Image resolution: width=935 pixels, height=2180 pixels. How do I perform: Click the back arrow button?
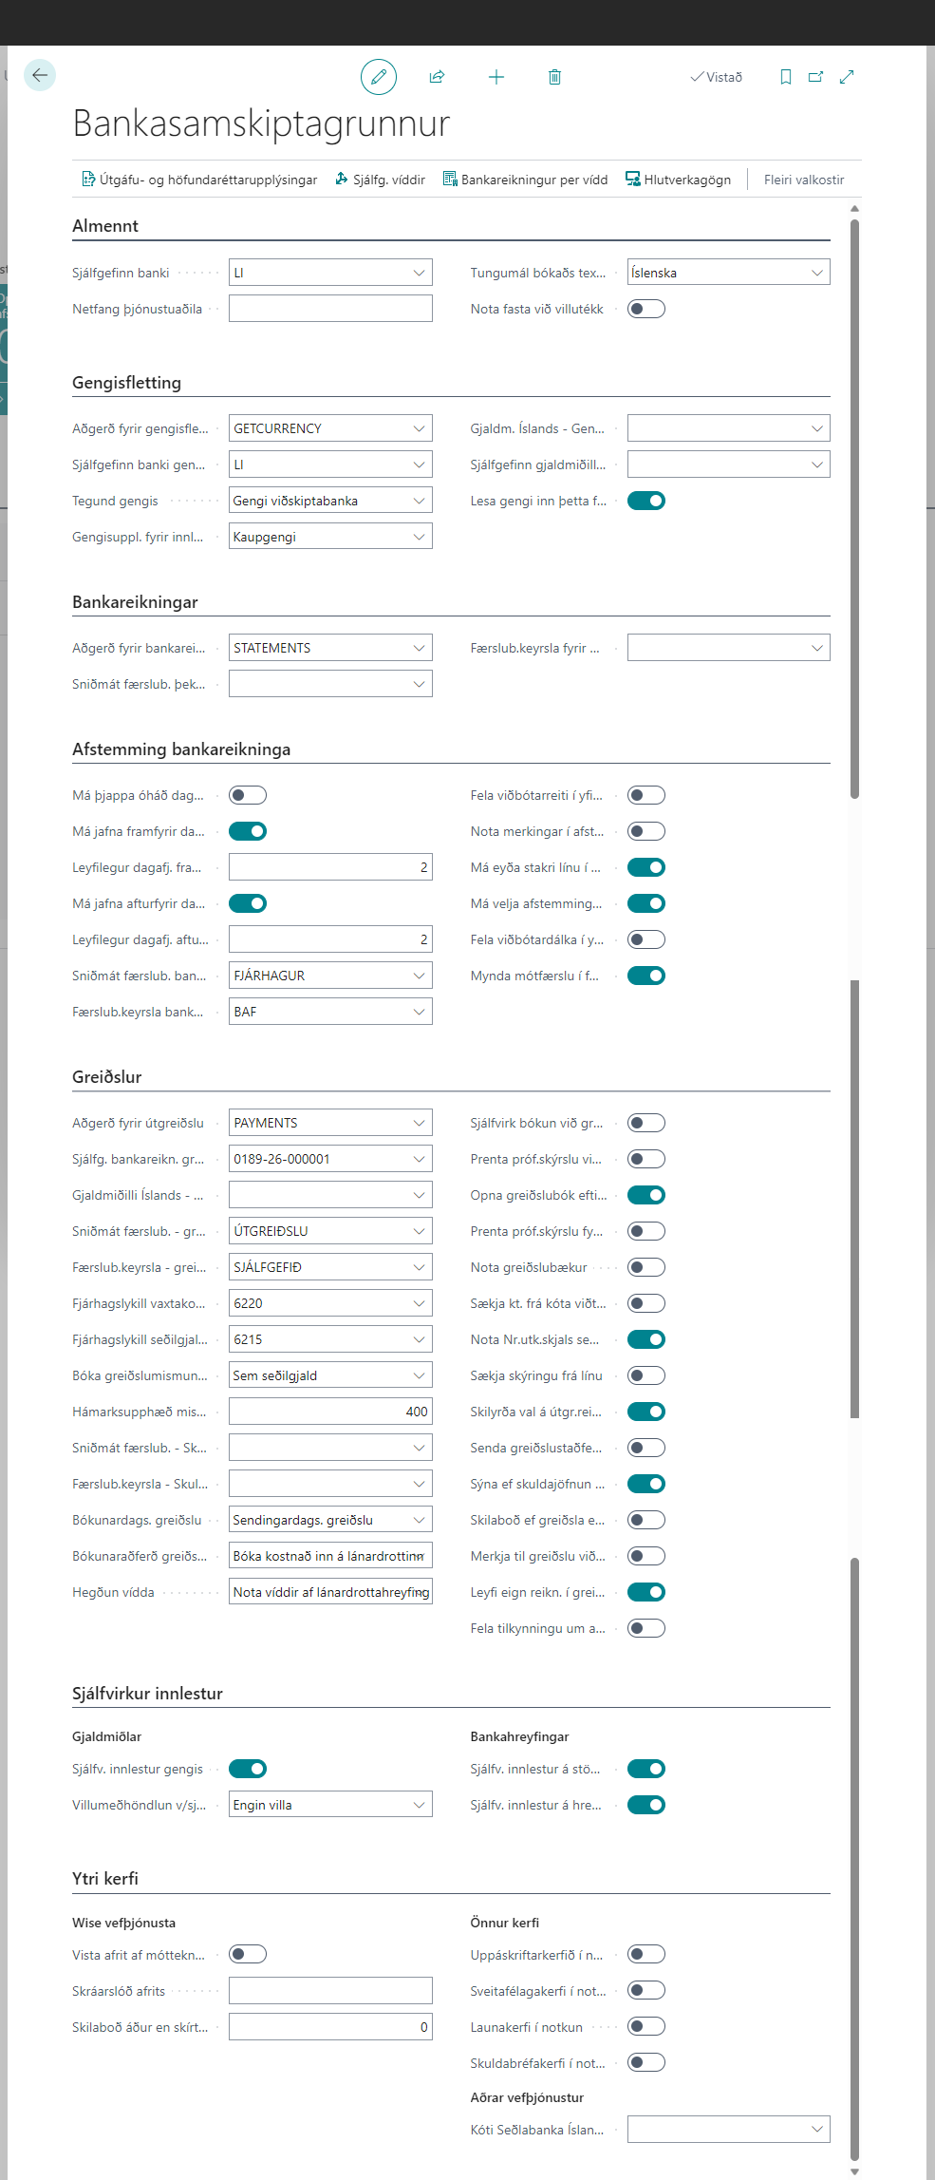pos(40,75)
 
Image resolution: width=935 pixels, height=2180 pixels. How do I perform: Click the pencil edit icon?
pos(378,77)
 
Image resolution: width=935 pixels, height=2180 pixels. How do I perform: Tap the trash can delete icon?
pos(554,77)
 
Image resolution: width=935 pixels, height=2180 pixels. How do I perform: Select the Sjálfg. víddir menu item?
pos(380,180)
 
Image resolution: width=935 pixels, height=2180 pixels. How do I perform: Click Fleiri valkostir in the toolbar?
pos(803,180)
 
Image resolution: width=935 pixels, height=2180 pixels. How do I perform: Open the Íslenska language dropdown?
pos(728,273)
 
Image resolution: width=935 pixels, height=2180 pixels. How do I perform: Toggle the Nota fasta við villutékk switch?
pos(645,309)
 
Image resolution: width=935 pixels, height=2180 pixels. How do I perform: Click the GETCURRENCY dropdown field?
pos(329,428)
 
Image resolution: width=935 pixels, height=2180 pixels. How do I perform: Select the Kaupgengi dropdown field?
pos(329,537)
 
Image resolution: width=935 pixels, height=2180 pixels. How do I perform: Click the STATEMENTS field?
pos(329,648)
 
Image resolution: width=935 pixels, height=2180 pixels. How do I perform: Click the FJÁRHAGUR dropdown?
pos(329,976)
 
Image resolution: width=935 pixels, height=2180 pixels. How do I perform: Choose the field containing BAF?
pos(329,1012)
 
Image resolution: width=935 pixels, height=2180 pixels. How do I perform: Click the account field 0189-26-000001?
pos(329,1159)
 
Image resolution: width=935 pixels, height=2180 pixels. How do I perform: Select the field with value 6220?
pos(329,1303)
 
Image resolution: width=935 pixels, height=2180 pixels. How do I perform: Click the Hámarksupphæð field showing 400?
pos(329,1412)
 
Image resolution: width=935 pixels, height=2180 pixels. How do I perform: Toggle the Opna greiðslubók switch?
pos(645,1195)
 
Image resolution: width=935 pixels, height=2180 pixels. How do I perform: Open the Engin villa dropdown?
pos(329,1805)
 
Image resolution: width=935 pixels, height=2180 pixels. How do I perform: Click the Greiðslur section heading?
pos(107,1077)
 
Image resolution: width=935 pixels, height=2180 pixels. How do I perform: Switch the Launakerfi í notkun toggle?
pos(645,2027)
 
